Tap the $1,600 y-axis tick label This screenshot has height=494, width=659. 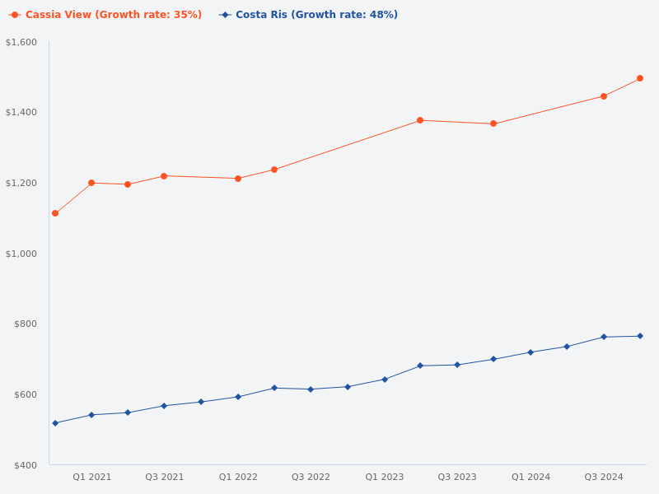point(21,42)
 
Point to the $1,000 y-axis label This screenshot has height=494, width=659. point(21,254)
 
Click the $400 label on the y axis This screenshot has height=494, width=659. point(25,465)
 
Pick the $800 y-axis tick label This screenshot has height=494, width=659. point(25,324)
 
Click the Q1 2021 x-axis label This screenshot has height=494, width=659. point(91,477)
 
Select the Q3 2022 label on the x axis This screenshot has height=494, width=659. point(311,477)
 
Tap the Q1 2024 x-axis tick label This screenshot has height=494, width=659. point(530,477)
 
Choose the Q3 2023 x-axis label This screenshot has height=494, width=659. point(457,477)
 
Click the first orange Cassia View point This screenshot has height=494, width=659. point(55,213)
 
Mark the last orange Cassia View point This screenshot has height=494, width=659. point(640,78)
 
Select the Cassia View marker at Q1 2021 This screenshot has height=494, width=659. point(91,183)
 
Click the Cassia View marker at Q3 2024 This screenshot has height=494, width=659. point(604,96)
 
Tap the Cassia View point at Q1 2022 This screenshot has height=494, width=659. point(238,179)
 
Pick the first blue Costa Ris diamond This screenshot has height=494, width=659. point(55,423)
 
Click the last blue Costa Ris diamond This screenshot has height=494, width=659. point(640,336)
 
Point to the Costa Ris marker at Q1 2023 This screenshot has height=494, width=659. point(385,380)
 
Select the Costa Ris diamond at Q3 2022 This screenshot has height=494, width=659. point(311,389)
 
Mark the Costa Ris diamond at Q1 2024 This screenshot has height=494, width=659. point(530,352)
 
